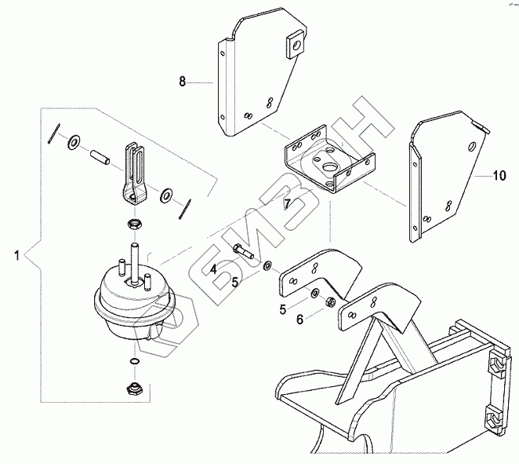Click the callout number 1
(x=16, y=256)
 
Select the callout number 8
(x=183, y=81)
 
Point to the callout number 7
(x=288, y=203)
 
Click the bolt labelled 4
(x=243, y=252)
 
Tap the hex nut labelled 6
(x=329, y=301)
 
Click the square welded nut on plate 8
(x=296, y=44)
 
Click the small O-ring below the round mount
(x=134, y=361)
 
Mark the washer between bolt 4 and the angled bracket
(x=267, y=265)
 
